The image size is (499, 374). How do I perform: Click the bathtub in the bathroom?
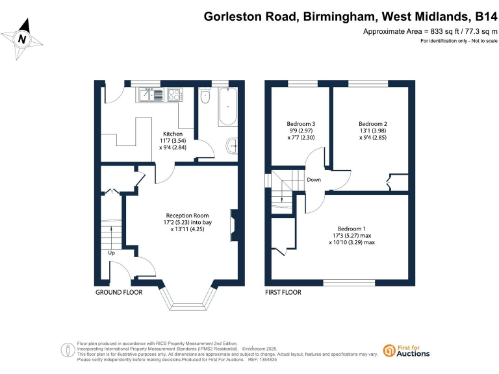[228, 108]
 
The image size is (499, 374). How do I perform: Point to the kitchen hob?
[173, 95]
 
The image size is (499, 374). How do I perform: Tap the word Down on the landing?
[313, 181]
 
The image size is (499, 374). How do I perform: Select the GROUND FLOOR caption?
[119, 293]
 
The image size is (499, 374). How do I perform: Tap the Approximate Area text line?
[429, 32]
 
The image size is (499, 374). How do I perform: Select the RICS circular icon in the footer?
[67, 349]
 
